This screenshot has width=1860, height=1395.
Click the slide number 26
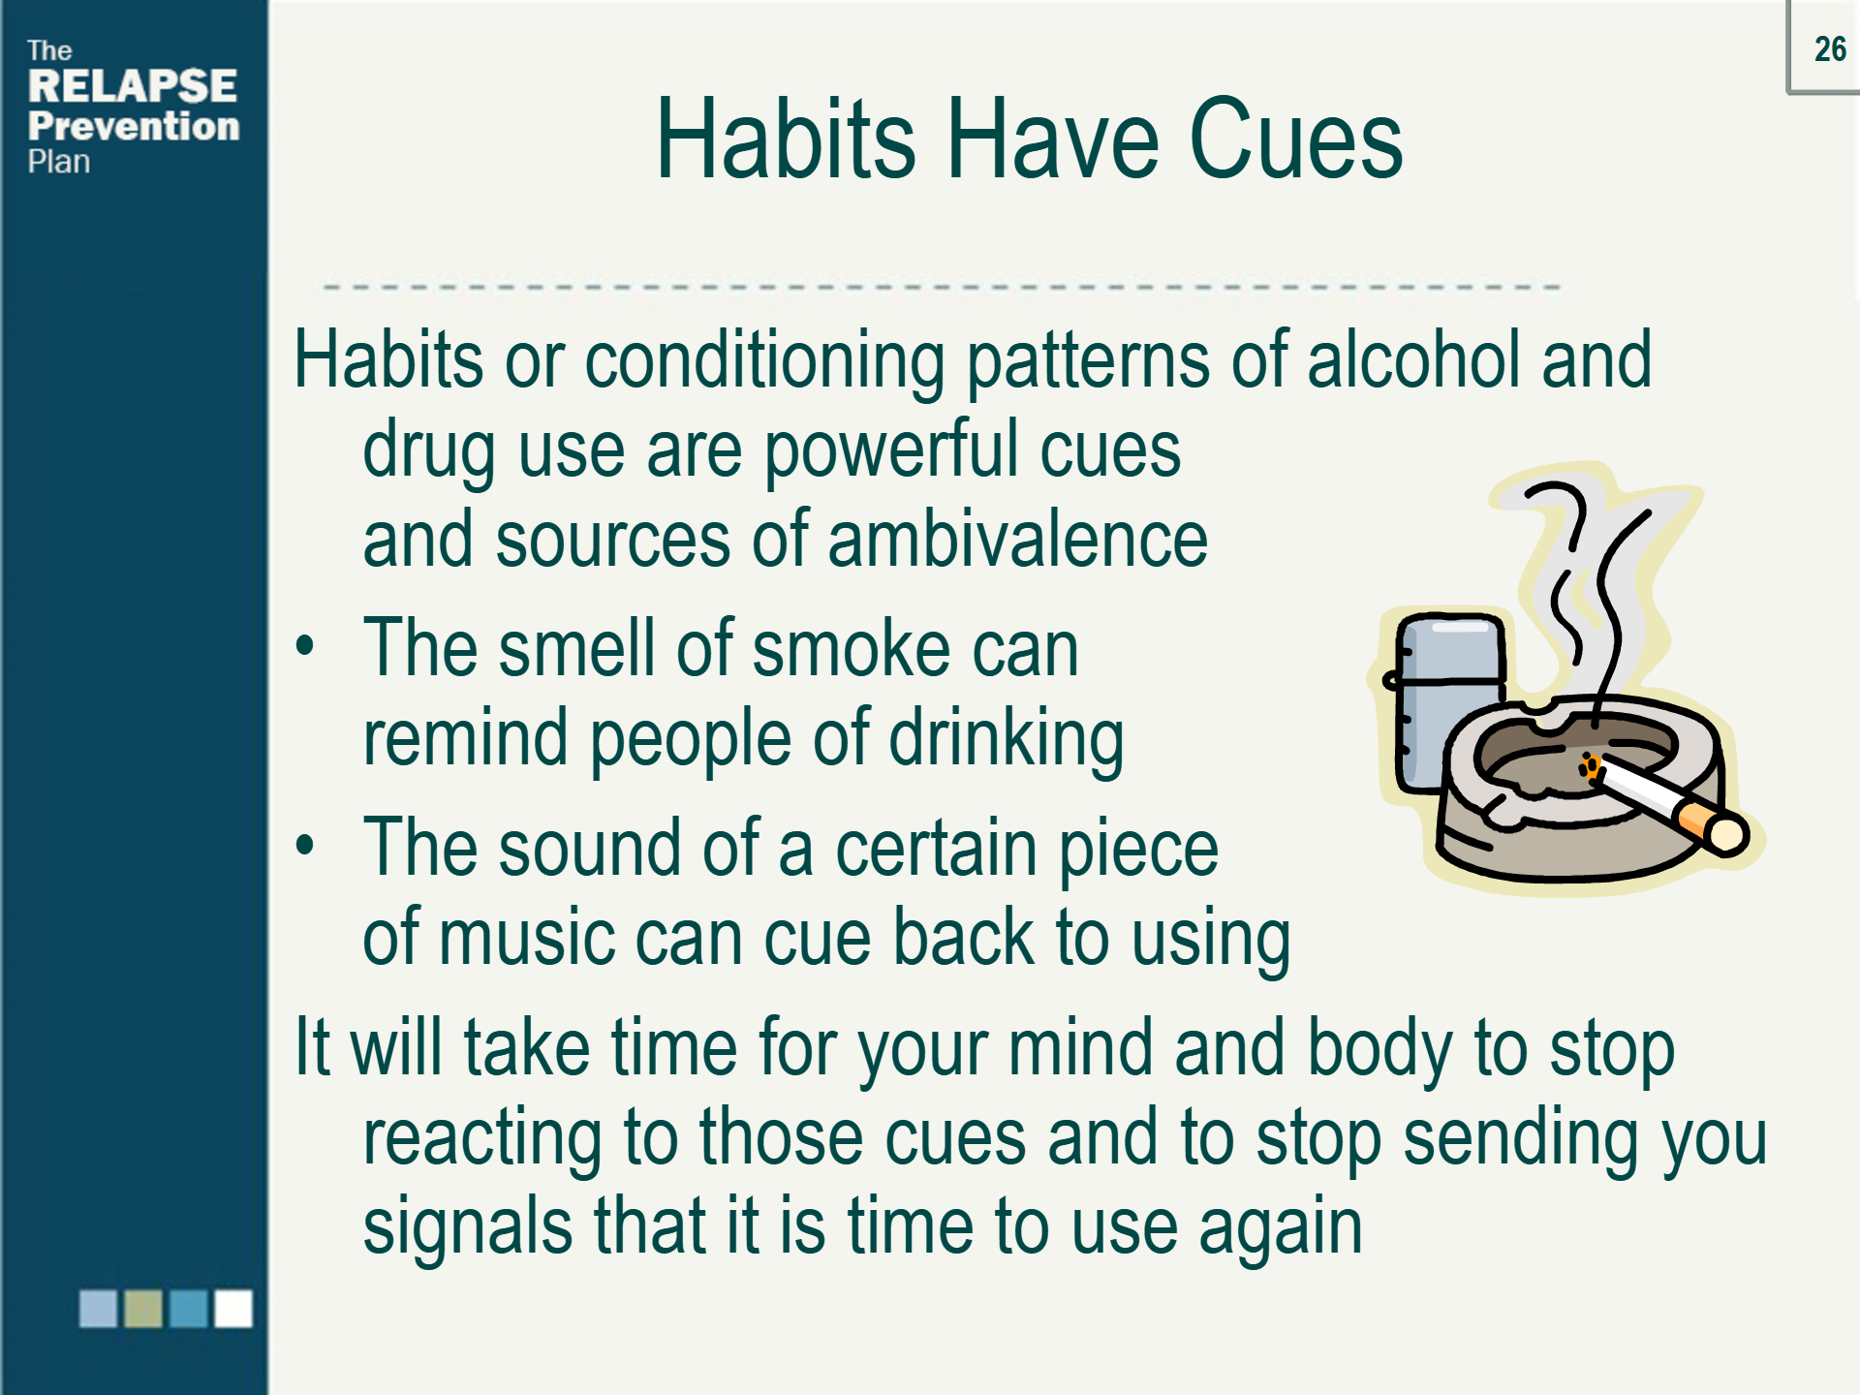pyautogui.click(x=1830, y=48)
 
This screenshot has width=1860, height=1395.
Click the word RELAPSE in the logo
pyautogui.click(x=133, y=86)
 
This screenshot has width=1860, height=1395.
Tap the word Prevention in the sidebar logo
pyautogui.click(x=134, y=126)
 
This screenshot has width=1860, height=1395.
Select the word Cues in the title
pyautogui.click(x=1295, y=139)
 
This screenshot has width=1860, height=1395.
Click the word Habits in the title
pyautogui.click(x=786, y=139)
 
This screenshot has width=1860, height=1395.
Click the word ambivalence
pyautogui.click(x=1017, y=540)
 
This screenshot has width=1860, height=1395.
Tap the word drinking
pyautogui.click(x=1007, y=739)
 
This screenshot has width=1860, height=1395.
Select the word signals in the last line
pyautogui.click(x=467, y=1228)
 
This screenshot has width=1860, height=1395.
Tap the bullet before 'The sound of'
pyautogui.click(x=305, y=845)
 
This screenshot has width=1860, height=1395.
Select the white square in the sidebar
pyautogui.click(x=233, y=1309)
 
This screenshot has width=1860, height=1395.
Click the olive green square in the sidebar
pyautogui.click(x=143, y=1309)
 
